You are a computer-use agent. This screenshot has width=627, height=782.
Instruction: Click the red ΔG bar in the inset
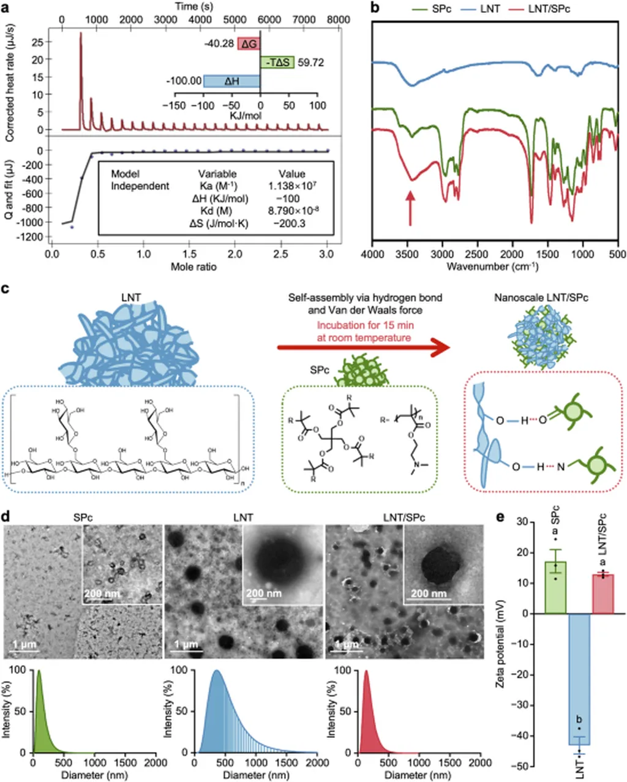(249, 44)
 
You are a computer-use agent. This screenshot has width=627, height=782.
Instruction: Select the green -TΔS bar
(277, 62)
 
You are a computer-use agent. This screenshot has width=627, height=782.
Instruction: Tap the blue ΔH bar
(231, 81)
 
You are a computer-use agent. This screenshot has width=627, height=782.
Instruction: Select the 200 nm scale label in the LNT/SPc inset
(428, 593)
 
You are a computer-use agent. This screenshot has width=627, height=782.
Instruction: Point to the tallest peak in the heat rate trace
(81, 34)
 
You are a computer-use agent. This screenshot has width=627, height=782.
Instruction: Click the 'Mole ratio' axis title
(193, 267)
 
